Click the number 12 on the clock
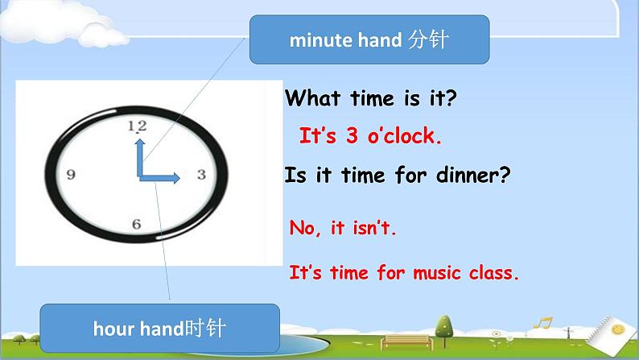[x=137, y=126]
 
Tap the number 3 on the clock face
[x=201, y=174]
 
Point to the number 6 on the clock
[x=136, y=225]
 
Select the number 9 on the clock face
[x=71, y=174]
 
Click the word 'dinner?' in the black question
[x=476, y=175]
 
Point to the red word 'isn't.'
[x=375, y=229]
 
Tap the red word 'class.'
[x=493, y=272]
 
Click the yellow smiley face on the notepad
[x=618, y=329]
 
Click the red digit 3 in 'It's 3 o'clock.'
[x=352, y=136]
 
